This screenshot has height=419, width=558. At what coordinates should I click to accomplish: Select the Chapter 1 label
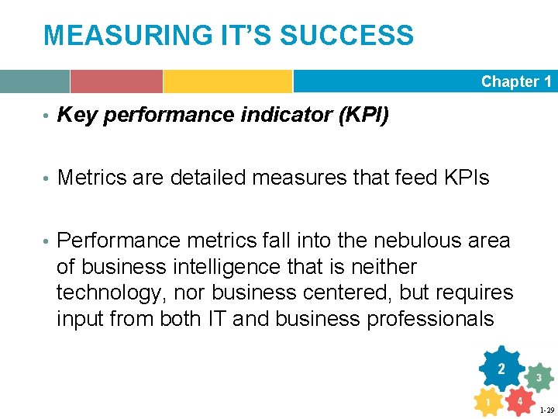(x=516, y=81)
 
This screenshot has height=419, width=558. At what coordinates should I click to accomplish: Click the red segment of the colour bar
(x=116, y=81)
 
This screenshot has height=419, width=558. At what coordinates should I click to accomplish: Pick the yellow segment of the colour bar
(x=227, y=81)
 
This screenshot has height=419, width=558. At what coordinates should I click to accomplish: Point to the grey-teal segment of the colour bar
(x=35, y=81)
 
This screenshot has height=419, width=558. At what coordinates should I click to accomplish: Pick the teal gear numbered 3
(x=539, y=377)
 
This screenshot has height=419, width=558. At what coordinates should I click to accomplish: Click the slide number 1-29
(x=546, y=410)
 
